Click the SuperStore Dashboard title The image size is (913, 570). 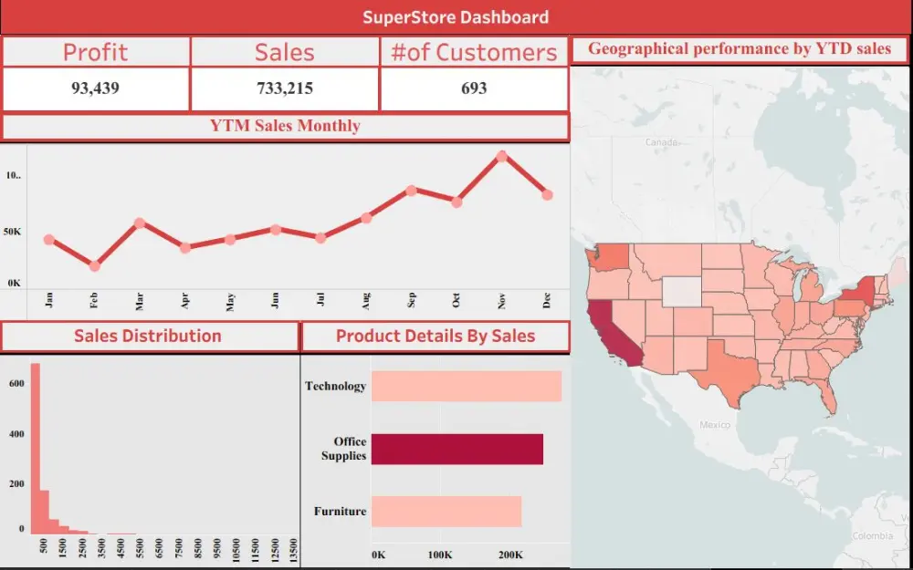pos(456,16)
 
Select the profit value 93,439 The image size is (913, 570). pos(95,88)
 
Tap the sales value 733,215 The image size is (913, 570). pos(285,88)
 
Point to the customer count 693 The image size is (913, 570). pos(474,88)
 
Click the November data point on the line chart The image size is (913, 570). pos(502,156)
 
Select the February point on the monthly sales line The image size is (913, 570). pos(94,265)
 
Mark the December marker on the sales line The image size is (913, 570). pos(547,194)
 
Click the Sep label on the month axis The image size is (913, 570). pos(412,302)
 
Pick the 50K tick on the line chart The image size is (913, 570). pos(13,232)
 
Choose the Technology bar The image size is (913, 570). pos(466,387)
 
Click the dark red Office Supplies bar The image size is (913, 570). pos(456,449)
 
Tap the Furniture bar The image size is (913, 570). pos(446,512)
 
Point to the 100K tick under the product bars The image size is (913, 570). pos(440,554)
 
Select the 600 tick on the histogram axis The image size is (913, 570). pos(16,383)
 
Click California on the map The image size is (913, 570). pos(605,333)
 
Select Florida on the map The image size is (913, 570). pos(825,394)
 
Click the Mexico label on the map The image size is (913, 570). pos(715,425)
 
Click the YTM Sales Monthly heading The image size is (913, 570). pos(285,126)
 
